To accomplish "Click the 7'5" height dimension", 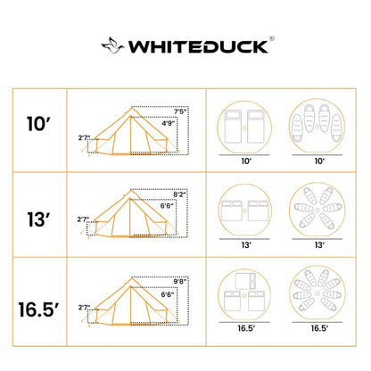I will point(182,111).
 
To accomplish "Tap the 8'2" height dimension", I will point(182,195).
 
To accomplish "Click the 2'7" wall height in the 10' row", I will point(85,138).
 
